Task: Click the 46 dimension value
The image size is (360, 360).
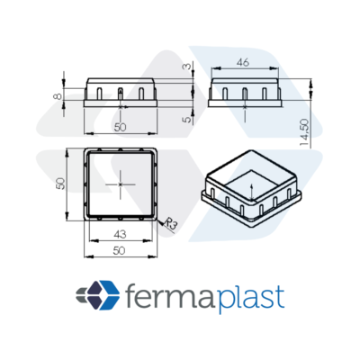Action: click(x=243, y=63)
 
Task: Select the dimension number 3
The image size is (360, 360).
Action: click(x=187, y=67)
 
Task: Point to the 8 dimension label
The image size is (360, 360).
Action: click(x=58, y=96)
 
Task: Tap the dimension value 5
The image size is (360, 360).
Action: click(x=187, y=119)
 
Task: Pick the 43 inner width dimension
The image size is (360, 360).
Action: click(x=120, y=234)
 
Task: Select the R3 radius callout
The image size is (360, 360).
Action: click(x=171, y=224)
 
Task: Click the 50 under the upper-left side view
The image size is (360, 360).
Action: click(x=121, y=128)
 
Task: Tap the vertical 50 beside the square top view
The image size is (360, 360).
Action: click(x=60, y=184)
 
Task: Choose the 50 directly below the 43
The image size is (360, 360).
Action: click(x=119, y=251)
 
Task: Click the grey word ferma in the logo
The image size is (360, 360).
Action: click(x=169, y=296)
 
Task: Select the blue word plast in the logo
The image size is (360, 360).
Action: click(x=250, y=299)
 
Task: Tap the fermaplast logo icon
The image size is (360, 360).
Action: click(x=98, y=295)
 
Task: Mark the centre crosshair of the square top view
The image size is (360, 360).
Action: click(x=121, y=184)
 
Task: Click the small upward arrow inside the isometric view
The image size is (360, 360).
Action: click(x=251, y=191)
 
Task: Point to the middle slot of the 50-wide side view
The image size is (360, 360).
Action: click(x=121, y=94)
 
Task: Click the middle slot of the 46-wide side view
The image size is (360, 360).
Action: click(x=245, y=94)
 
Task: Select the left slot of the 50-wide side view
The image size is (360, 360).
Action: click(x=100, y=94)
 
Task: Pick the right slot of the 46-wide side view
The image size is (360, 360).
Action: click(x=265, y=94)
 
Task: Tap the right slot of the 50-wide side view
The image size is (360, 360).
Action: click(x=141, y=94)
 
